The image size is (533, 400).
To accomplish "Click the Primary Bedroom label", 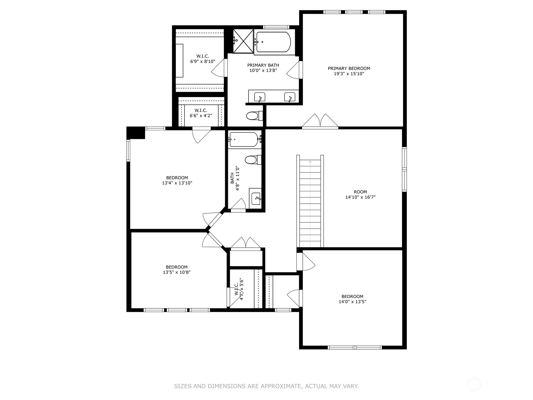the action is tap(349, 68).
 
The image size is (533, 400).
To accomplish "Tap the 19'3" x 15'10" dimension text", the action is tap(349, 74).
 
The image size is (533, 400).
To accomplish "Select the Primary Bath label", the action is tap(263, 65).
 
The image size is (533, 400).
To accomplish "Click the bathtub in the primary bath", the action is tap(272, 42).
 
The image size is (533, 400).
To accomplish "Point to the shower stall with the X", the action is tap(243, 41).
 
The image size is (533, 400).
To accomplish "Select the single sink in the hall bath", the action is tap(256, 198).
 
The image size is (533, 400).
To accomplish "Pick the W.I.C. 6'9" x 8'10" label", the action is tap(203, 59).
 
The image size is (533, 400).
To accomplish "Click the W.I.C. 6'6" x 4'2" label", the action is tap(201, 113).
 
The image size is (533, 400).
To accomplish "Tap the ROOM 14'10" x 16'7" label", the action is tap(360, 195).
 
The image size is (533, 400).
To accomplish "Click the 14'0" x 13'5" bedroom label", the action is tap(352, 299).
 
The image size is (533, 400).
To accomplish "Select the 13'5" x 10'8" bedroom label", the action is tap(177, 270).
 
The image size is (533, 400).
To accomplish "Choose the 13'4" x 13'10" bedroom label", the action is tap(177, 180).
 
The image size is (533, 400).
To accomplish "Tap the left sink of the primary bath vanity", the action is tap(260, 97).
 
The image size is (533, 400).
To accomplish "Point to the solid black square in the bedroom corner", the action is tap(136, 133).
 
